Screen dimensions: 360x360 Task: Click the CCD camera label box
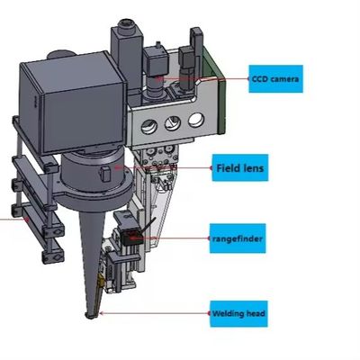pyautogui.click(x=276, y=81)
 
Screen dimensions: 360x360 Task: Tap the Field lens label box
pyautogui.click(x=240, y=167)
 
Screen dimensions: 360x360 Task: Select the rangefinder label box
pyautogui.click(x=238, y=238)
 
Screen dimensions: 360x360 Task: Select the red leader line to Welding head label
pyautogui.click(x=153, y=313)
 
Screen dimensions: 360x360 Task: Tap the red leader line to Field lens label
pyautogui.click(x=166, y=167)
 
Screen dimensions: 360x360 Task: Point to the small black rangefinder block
pyautogui.click(x=131, y=236)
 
